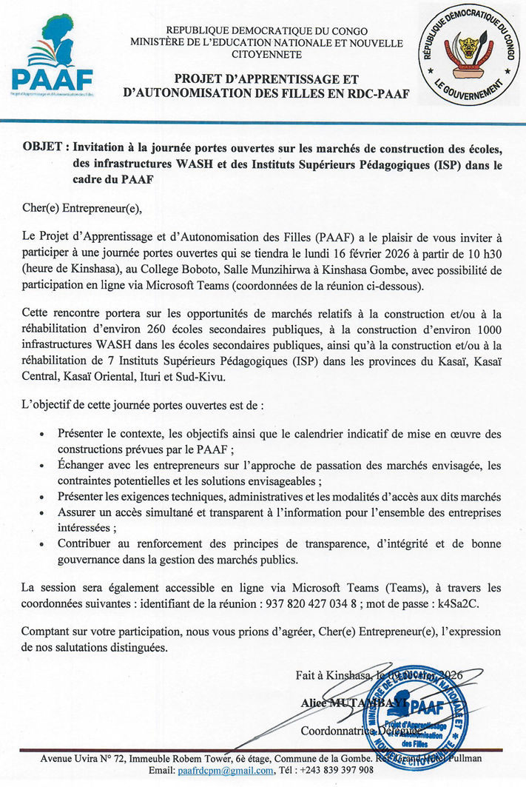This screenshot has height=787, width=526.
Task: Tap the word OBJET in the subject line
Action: [x=42, y=144]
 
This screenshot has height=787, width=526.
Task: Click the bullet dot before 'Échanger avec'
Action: [x=40, y=464]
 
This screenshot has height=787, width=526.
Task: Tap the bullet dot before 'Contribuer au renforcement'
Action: [x=40, y=543]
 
